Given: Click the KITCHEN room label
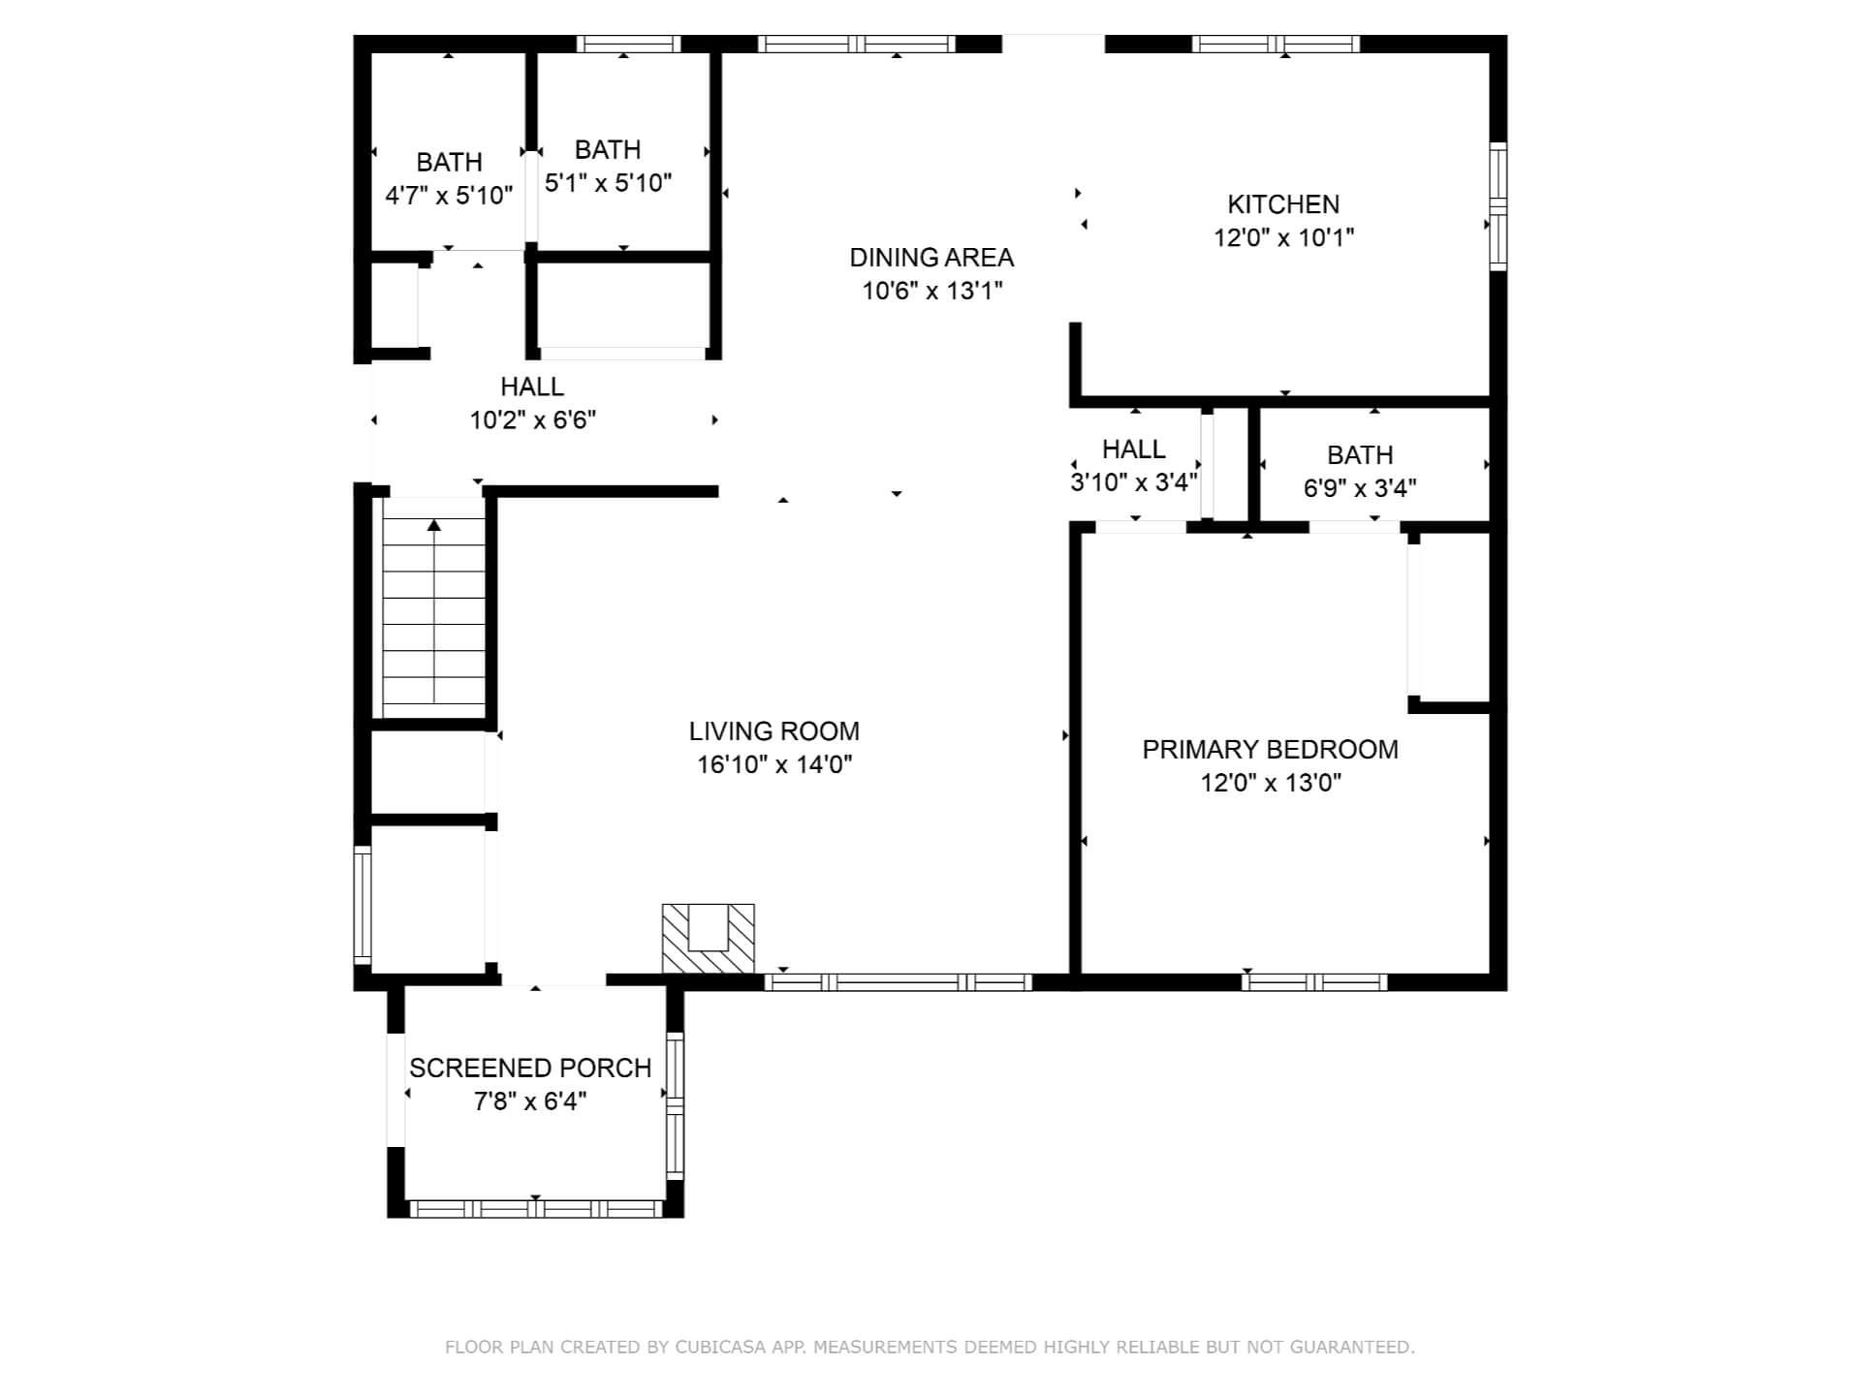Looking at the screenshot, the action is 1283,204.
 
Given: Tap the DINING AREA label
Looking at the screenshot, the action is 931,258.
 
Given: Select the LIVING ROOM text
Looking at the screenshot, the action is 774,731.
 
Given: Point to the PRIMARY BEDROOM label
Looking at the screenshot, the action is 1270,750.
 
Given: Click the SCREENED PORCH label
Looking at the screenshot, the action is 530,1069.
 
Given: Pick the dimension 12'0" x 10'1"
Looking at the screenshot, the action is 1283,237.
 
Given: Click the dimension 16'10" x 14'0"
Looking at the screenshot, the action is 774,764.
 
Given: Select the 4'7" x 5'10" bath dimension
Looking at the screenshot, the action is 449,196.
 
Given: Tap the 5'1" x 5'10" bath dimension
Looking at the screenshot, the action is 608,183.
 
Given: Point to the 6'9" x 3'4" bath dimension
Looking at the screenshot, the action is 1360,488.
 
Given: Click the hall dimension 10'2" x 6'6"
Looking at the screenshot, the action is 532,420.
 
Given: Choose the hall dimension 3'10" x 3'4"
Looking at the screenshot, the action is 1134,482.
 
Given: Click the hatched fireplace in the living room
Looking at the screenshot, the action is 708,938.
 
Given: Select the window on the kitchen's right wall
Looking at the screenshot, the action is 1498,206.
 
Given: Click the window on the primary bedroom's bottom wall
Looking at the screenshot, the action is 1314,982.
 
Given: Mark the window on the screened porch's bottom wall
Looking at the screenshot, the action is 536,1209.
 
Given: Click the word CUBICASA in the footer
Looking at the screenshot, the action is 720,1347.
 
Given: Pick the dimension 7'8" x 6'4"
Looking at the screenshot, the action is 530,1101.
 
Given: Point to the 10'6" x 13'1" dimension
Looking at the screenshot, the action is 931,291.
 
